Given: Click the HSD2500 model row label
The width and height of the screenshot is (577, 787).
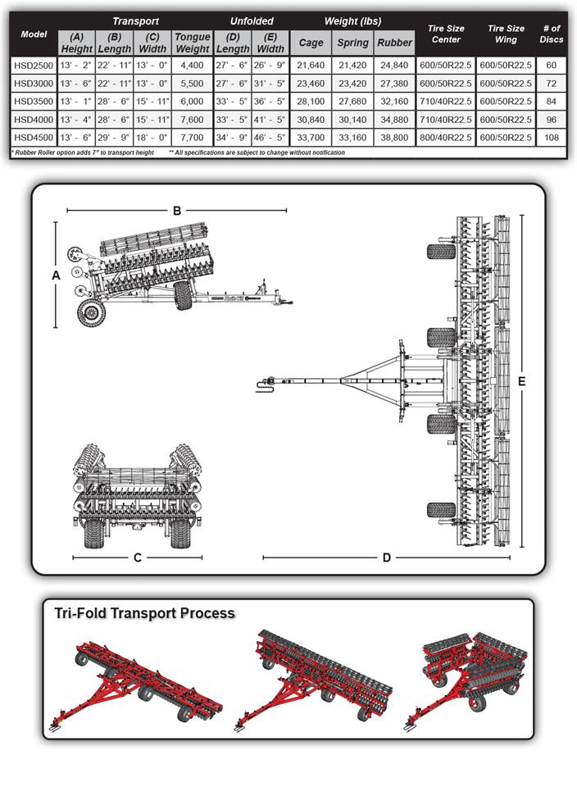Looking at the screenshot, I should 34,64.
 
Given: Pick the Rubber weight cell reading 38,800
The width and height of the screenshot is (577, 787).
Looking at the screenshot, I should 394,137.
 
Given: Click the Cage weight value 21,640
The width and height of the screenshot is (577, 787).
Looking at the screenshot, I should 311,64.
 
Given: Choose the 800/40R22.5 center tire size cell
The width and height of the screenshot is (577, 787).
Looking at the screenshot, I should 445,137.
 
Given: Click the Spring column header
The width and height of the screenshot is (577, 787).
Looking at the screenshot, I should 352,43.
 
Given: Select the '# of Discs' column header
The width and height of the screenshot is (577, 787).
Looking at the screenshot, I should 551,34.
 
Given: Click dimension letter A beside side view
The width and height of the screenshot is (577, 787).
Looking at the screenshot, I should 56,276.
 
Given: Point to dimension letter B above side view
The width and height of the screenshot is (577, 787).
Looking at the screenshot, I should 176,211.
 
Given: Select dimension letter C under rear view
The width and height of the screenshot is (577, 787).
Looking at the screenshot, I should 138,558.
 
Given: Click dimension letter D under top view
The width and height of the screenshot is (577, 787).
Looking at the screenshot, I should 386,558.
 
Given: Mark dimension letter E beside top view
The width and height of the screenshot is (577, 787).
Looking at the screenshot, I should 521,381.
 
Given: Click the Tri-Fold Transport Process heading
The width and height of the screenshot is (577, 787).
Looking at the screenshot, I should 144,613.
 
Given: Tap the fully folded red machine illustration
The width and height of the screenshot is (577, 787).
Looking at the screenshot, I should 471,672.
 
